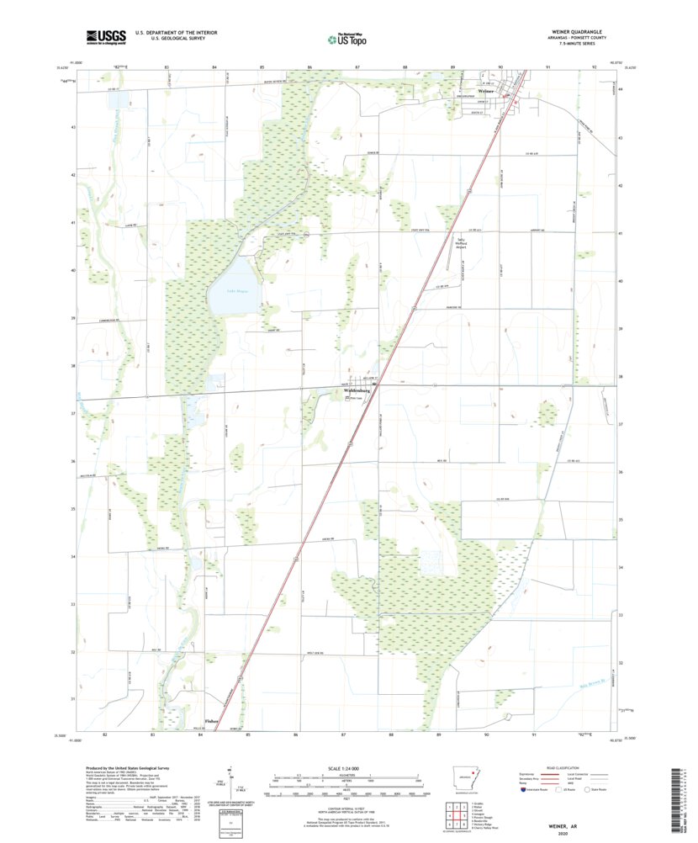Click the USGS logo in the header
105,36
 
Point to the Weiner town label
486,91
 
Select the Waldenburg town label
357,391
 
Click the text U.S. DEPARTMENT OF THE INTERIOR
182,32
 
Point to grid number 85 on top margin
262,66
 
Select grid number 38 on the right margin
621,377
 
